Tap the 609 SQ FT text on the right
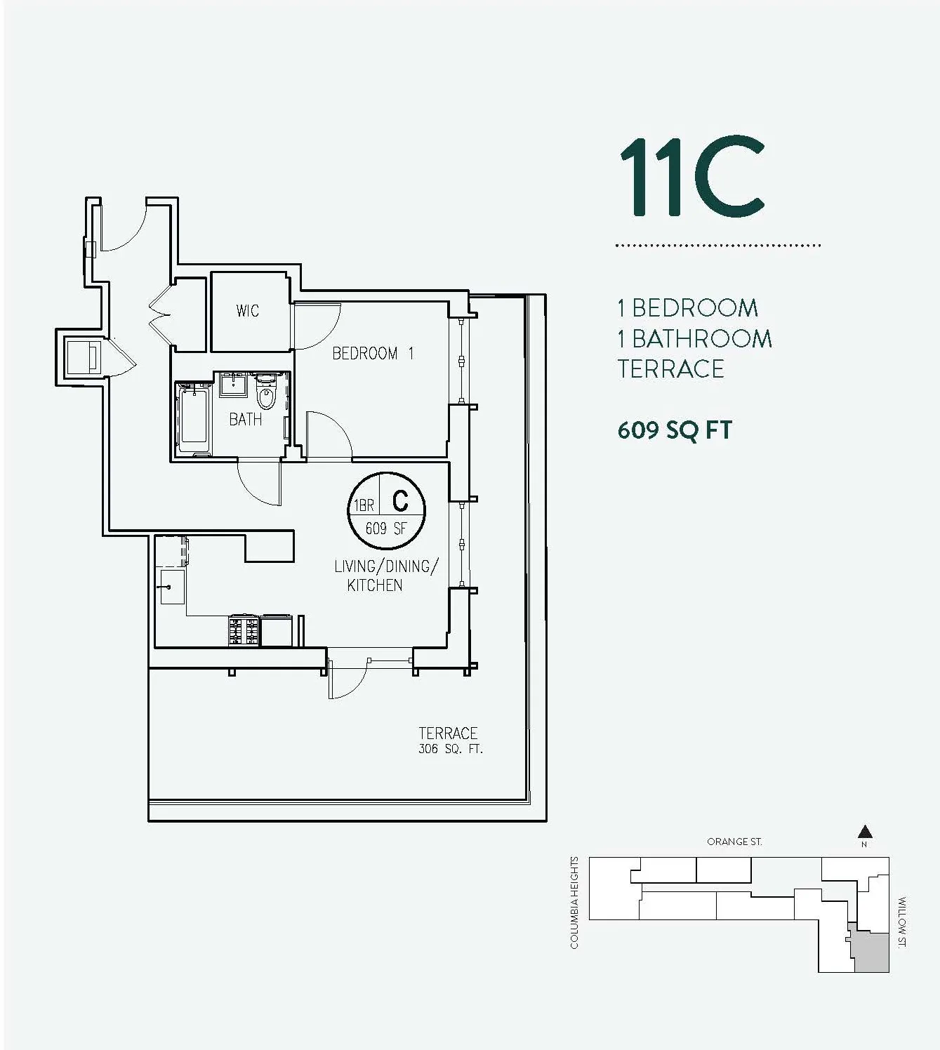pyautogui.click(x=675, y=430)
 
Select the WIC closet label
pyautogui.click(x=247, y=310)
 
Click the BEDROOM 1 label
pyautogui.click(x=373, y=353)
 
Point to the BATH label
pyautogui.click(x=246, y=419)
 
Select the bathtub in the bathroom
pyautogui.click(x=193, y=419)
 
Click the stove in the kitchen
pyautogui.click(x=244, y=630)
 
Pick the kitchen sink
pyautogui.click(x=172, y=586)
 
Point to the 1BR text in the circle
pyautogui.click(x=364, y=505)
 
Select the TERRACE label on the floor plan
pyautogui.click(x=448, y=733)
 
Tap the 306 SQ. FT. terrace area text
pyautogui.click(x=450, y=749)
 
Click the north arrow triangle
pyautogui.click(x=865, y=832)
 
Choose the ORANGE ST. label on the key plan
pyautogui.click(x=734, y=842)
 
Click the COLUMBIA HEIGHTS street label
pyautogui.click(x=574, y=902)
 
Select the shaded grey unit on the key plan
pyautogui.click(x=872, y=952)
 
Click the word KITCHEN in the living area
pyautogui.click(x=375, y=585)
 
